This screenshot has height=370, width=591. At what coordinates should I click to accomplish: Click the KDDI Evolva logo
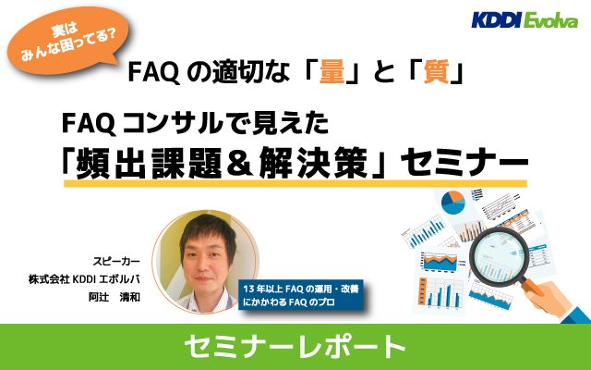(x=525, y=20)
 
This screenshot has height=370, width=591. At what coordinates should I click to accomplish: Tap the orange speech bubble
(x=67, y=41)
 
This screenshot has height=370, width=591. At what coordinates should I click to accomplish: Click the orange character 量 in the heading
(x=332, y=71)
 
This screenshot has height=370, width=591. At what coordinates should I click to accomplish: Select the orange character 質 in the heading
(x=436, y=71)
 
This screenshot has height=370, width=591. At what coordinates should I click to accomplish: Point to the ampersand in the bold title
(x=240, y=163)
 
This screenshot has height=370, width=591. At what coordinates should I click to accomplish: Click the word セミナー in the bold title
(x=464, y=163)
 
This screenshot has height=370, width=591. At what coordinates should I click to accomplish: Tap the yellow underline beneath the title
(x=295, y=183)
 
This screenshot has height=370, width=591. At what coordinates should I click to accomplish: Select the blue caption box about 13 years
(x=301, y=295)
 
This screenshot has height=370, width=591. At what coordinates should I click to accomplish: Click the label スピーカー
(x=116, y=261)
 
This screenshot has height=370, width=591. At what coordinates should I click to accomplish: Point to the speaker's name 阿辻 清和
(x=115, y=297)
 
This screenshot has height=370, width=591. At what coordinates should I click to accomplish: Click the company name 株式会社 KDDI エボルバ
(x=84, y=279)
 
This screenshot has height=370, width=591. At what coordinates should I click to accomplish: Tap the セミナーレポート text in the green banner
(x=295, y=347)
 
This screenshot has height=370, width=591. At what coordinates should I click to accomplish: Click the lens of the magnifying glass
(x=500, y=256)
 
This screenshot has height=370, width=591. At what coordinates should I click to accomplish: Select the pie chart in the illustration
(x=453, y=203)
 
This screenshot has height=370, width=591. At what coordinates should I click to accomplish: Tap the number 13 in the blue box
(x=248, y=290)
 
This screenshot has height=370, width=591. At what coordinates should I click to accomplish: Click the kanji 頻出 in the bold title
(x=111, y=163)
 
